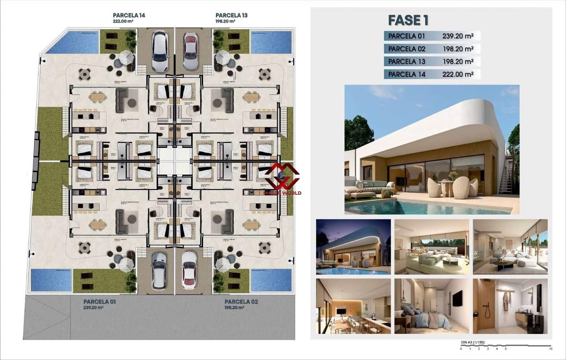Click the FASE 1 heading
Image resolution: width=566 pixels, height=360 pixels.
click(x=408, y=20)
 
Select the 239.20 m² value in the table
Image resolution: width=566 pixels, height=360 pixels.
click(x=458, y=36)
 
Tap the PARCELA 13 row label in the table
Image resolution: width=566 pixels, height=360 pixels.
click(x=406, y=62)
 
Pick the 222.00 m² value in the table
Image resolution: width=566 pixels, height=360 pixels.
click(x=458, y=74)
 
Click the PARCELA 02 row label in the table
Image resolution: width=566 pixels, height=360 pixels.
click(x=406, y=49)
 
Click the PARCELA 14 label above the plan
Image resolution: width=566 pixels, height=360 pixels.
click(x=129, y=16)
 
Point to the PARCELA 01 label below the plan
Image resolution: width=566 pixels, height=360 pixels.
click(x=99, y=302)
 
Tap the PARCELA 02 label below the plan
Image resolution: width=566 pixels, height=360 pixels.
click(x=241, y=302)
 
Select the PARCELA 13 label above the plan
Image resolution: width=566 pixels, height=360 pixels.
click(x=231, y=16)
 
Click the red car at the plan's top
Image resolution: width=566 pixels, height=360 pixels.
click(x=191, y=51)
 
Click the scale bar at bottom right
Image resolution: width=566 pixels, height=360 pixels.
click(x=506, y=346)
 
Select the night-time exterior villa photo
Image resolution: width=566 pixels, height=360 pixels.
click(x=353, y=247)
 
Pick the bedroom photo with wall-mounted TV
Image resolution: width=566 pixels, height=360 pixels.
click(x=432, y=306)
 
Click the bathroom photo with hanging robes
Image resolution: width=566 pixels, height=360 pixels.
click(x=510, y=306)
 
